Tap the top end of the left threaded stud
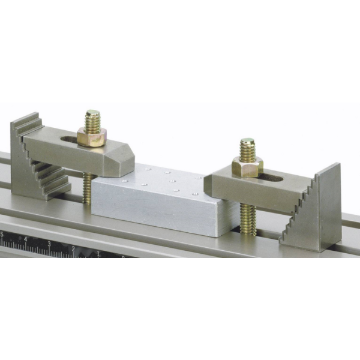coord(92,113)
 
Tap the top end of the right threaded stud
coord(247,142)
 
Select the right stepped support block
coord(315,210)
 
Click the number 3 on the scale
coord(49,244)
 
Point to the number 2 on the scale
coord(73,248)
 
